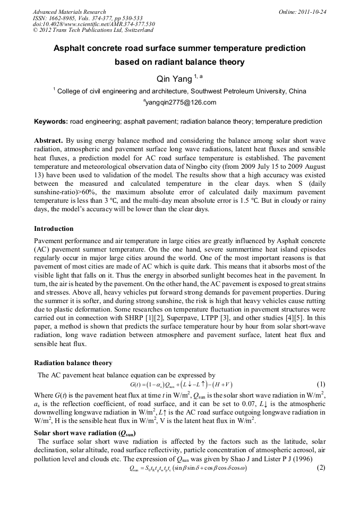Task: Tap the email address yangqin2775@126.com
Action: pyautogui.click(x=181, y=102)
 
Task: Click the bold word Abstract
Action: pyautogui.click(x=48, y=140)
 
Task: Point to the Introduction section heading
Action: pyautogui.click(x=54, y=229)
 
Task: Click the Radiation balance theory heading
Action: pyautogui.click(x=73, y=363)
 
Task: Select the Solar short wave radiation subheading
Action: pyautogui.click(x=83, y=433)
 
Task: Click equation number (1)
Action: pyautogui.click(x=321, y=384)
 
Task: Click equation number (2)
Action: pyautogui.click(x=321, y=468)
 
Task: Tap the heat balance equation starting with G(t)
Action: pyautogui.click(x=181, y=384)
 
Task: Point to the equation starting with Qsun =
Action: pyautogui.click(x=181, y=468)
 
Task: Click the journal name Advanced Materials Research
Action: pyautogui.click(x=69, y=11)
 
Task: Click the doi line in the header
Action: pyautogui.click(x=93, y=24)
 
